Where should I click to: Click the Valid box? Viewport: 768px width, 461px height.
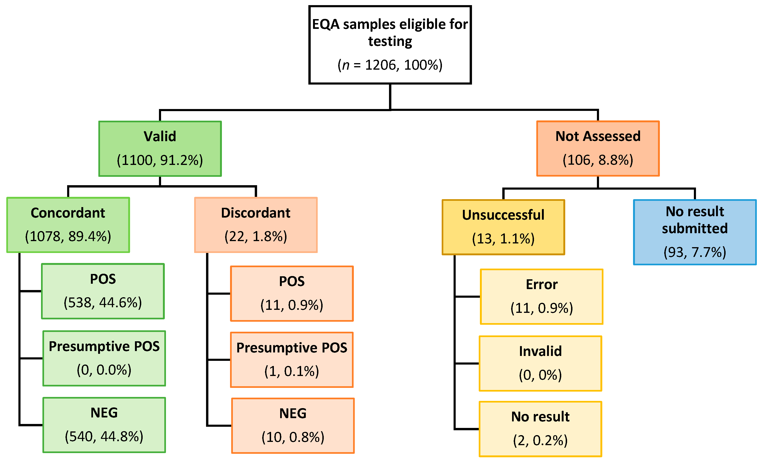(x=160, y=148)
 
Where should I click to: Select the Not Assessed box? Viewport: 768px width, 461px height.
(x=598, y=148)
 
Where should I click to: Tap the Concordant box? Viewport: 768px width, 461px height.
(x=68, y=225)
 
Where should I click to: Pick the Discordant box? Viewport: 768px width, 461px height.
(x=255, y=225)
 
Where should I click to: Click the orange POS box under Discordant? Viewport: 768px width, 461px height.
(x=292, y=293)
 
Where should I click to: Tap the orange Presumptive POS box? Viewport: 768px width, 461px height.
(x=292, y=359)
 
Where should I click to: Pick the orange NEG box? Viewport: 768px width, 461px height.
(x=293, y=425)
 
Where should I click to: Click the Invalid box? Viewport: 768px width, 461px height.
(x=540, y=363)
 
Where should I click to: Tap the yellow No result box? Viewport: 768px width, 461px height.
(x=540, y=429)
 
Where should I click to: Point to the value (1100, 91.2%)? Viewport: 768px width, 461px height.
(x=160, y=160)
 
